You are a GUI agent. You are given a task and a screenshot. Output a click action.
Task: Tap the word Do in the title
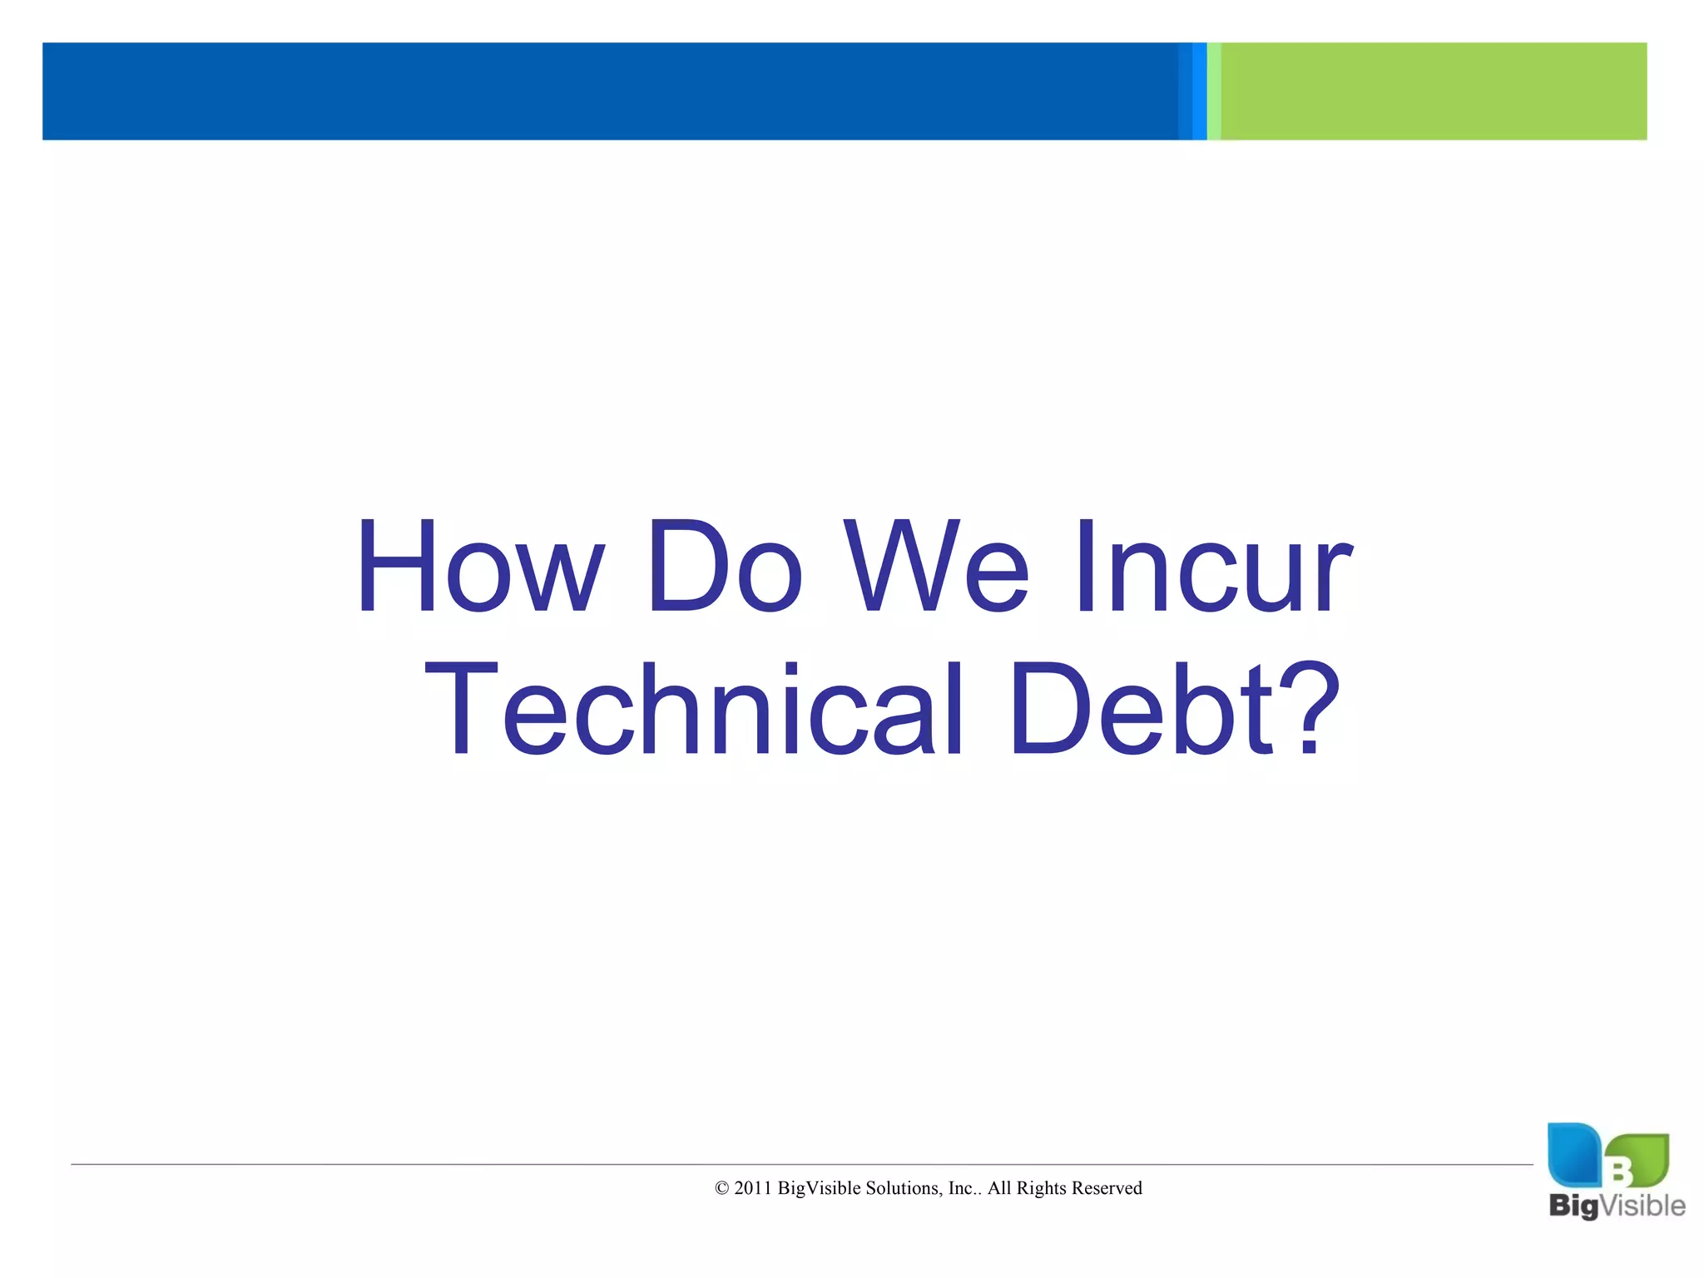pos(725,567)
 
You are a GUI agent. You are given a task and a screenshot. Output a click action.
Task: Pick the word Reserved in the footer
pos(1107,1188)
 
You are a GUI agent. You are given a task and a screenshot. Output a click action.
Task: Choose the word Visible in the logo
pos(1642,1205)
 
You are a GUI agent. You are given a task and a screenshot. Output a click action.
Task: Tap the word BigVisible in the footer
pos(819,1188)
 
